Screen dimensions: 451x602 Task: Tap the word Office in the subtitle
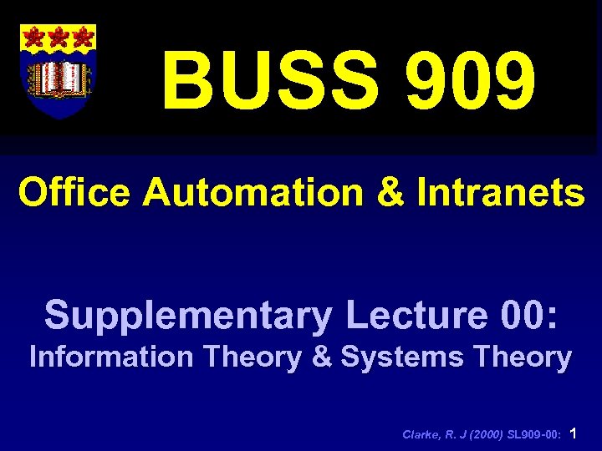click(x=74, y=194)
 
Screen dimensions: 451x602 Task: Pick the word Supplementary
click(x=188, y=317)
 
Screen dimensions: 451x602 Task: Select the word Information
click(x=110, y=357)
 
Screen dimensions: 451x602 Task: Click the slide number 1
click(x=573, y=433)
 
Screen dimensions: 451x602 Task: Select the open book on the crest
click(x=59, y=78)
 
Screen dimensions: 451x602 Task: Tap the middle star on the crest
click(x=59, y=38)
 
